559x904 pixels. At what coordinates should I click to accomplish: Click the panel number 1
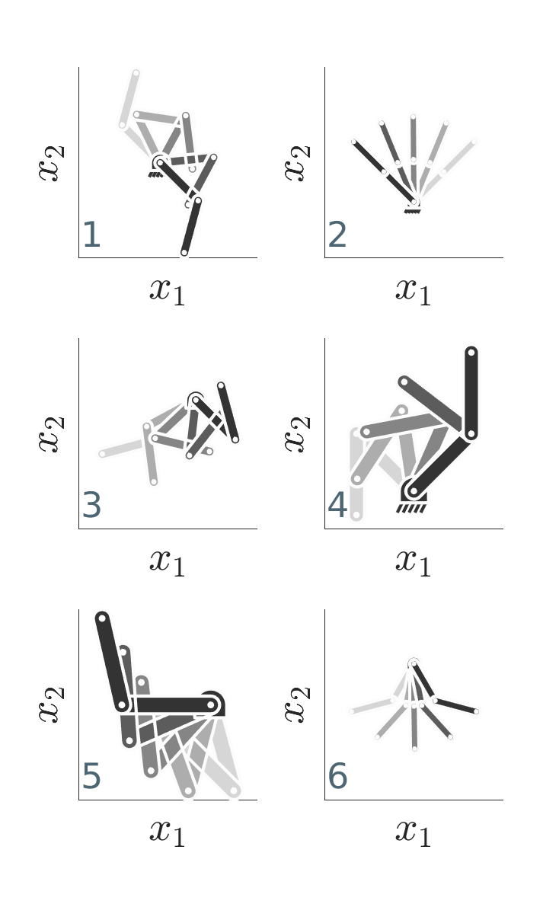[92, 235]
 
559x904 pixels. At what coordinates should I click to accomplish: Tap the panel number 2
[337, 235]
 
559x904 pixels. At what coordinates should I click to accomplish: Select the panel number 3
[92, 505]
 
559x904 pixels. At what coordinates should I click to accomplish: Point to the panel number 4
[337, 505]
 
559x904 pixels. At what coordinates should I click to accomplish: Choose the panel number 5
[92, 776]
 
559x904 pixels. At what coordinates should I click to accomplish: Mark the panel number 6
[337, 776]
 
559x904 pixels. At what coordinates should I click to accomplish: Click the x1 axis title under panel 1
[168, 291]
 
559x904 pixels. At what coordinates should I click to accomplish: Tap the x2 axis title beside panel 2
[297, 162]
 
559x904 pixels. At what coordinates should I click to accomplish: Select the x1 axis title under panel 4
[414, 561]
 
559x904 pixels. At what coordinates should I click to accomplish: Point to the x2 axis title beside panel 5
[52, 704]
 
